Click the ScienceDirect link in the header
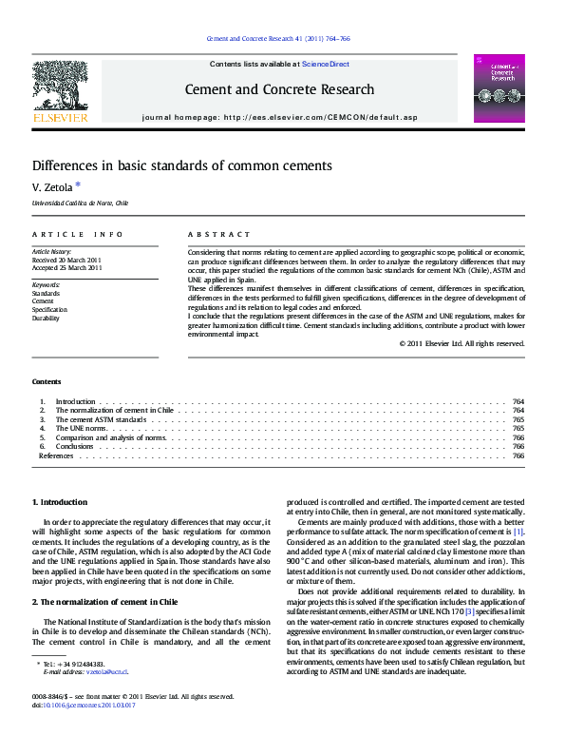click(326, 64)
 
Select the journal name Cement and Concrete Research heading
click(278, 89)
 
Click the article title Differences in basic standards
click(182, 165)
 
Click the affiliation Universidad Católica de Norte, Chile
click(80, 203)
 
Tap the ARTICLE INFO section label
click(77, 234)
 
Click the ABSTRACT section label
click(219, 234)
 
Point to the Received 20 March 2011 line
click(66, 260)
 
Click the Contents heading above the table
click(47, 381)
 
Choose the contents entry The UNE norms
click(81, 429)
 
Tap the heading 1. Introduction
click(60, 501)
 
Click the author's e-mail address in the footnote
click(106, 671)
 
